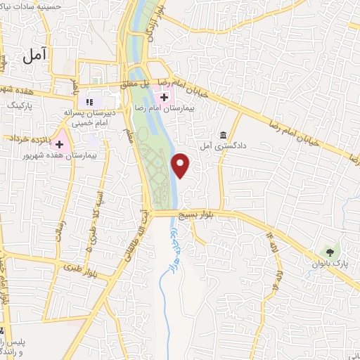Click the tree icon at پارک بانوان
click(x=328, y=251)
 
